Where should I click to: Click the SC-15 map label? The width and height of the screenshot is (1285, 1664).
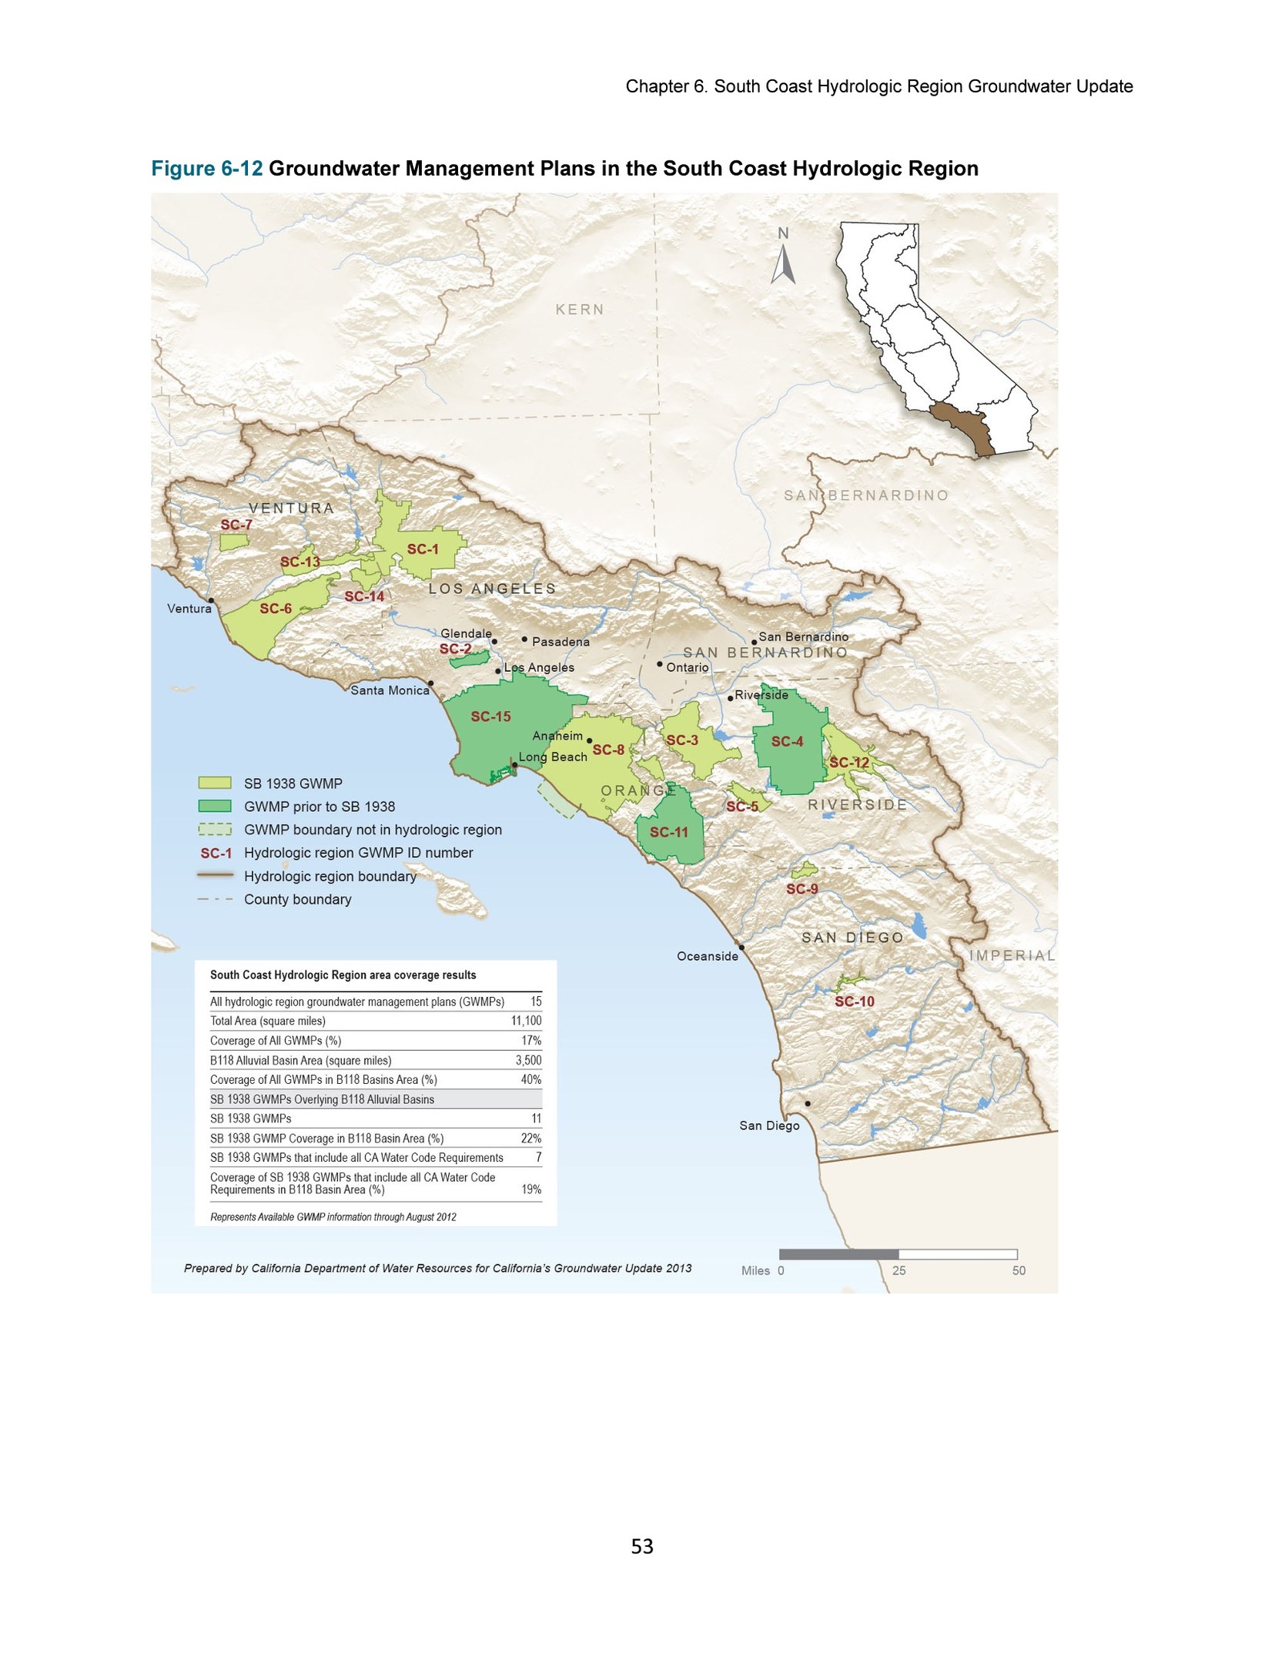point(490,716)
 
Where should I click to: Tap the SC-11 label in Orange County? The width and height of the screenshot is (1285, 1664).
point(668,832)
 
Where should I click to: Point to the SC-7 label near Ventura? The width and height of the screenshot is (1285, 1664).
point(236,525)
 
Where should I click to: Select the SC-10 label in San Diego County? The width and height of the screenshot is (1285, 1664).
point(855,1001)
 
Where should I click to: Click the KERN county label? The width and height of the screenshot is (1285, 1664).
point(580,310)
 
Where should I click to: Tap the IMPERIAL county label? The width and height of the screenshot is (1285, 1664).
point(1012,955)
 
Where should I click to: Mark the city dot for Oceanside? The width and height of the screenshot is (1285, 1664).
point(741,947)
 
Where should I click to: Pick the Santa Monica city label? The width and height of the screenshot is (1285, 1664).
point(390,690)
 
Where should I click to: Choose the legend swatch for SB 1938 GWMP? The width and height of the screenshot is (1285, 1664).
point(215,783)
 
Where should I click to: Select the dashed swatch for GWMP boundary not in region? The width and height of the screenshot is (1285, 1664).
point(215,829)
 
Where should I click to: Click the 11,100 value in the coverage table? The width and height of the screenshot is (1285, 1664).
point(526,1021)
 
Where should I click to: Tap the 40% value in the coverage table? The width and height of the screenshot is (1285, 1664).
point(530,1079)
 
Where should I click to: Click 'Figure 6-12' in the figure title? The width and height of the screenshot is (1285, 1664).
point(207,169)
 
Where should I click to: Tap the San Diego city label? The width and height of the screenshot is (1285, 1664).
point(769,1126)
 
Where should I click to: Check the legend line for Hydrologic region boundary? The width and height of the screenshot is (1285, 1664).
point(215,875)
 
